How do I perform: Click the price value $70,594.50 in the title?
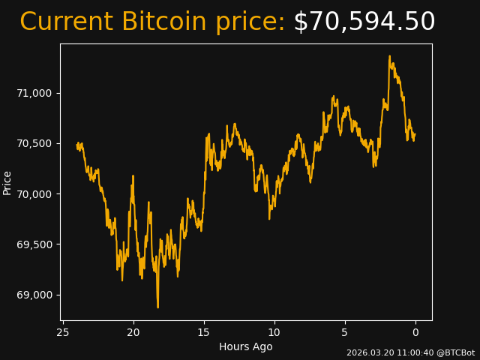pyautogui.click(x=364, y=22)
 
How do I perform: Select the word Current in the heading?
pyautogui.click(x=67, y=22)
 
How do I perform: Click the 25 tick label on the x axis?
pyautogui.click(x=63, y=332)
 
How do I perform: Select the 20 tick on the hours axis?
pyautogui.click(x=133, y=332)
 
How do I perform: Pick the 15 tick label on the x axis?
pyautogui.click(x=204, y=332)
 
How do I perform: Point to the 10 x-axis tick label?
pyautogui.click(x=274, y=332)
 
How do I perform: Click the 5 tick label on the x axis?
pyautogui.click(x=345, y=332)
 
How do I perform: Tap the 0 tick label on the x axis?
pyautogui.click(x=415, y=332)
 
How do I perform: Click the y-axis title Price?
pyautogui.click(x=7, y=182)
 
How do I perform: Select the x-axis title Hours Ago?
pyautogui.click(x=246, y=346)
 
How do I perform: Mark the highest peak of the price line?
pyautogui.click(x=390, y=56)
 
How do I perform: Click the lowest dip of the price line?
pyautogui.click(x=157, y=307)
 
